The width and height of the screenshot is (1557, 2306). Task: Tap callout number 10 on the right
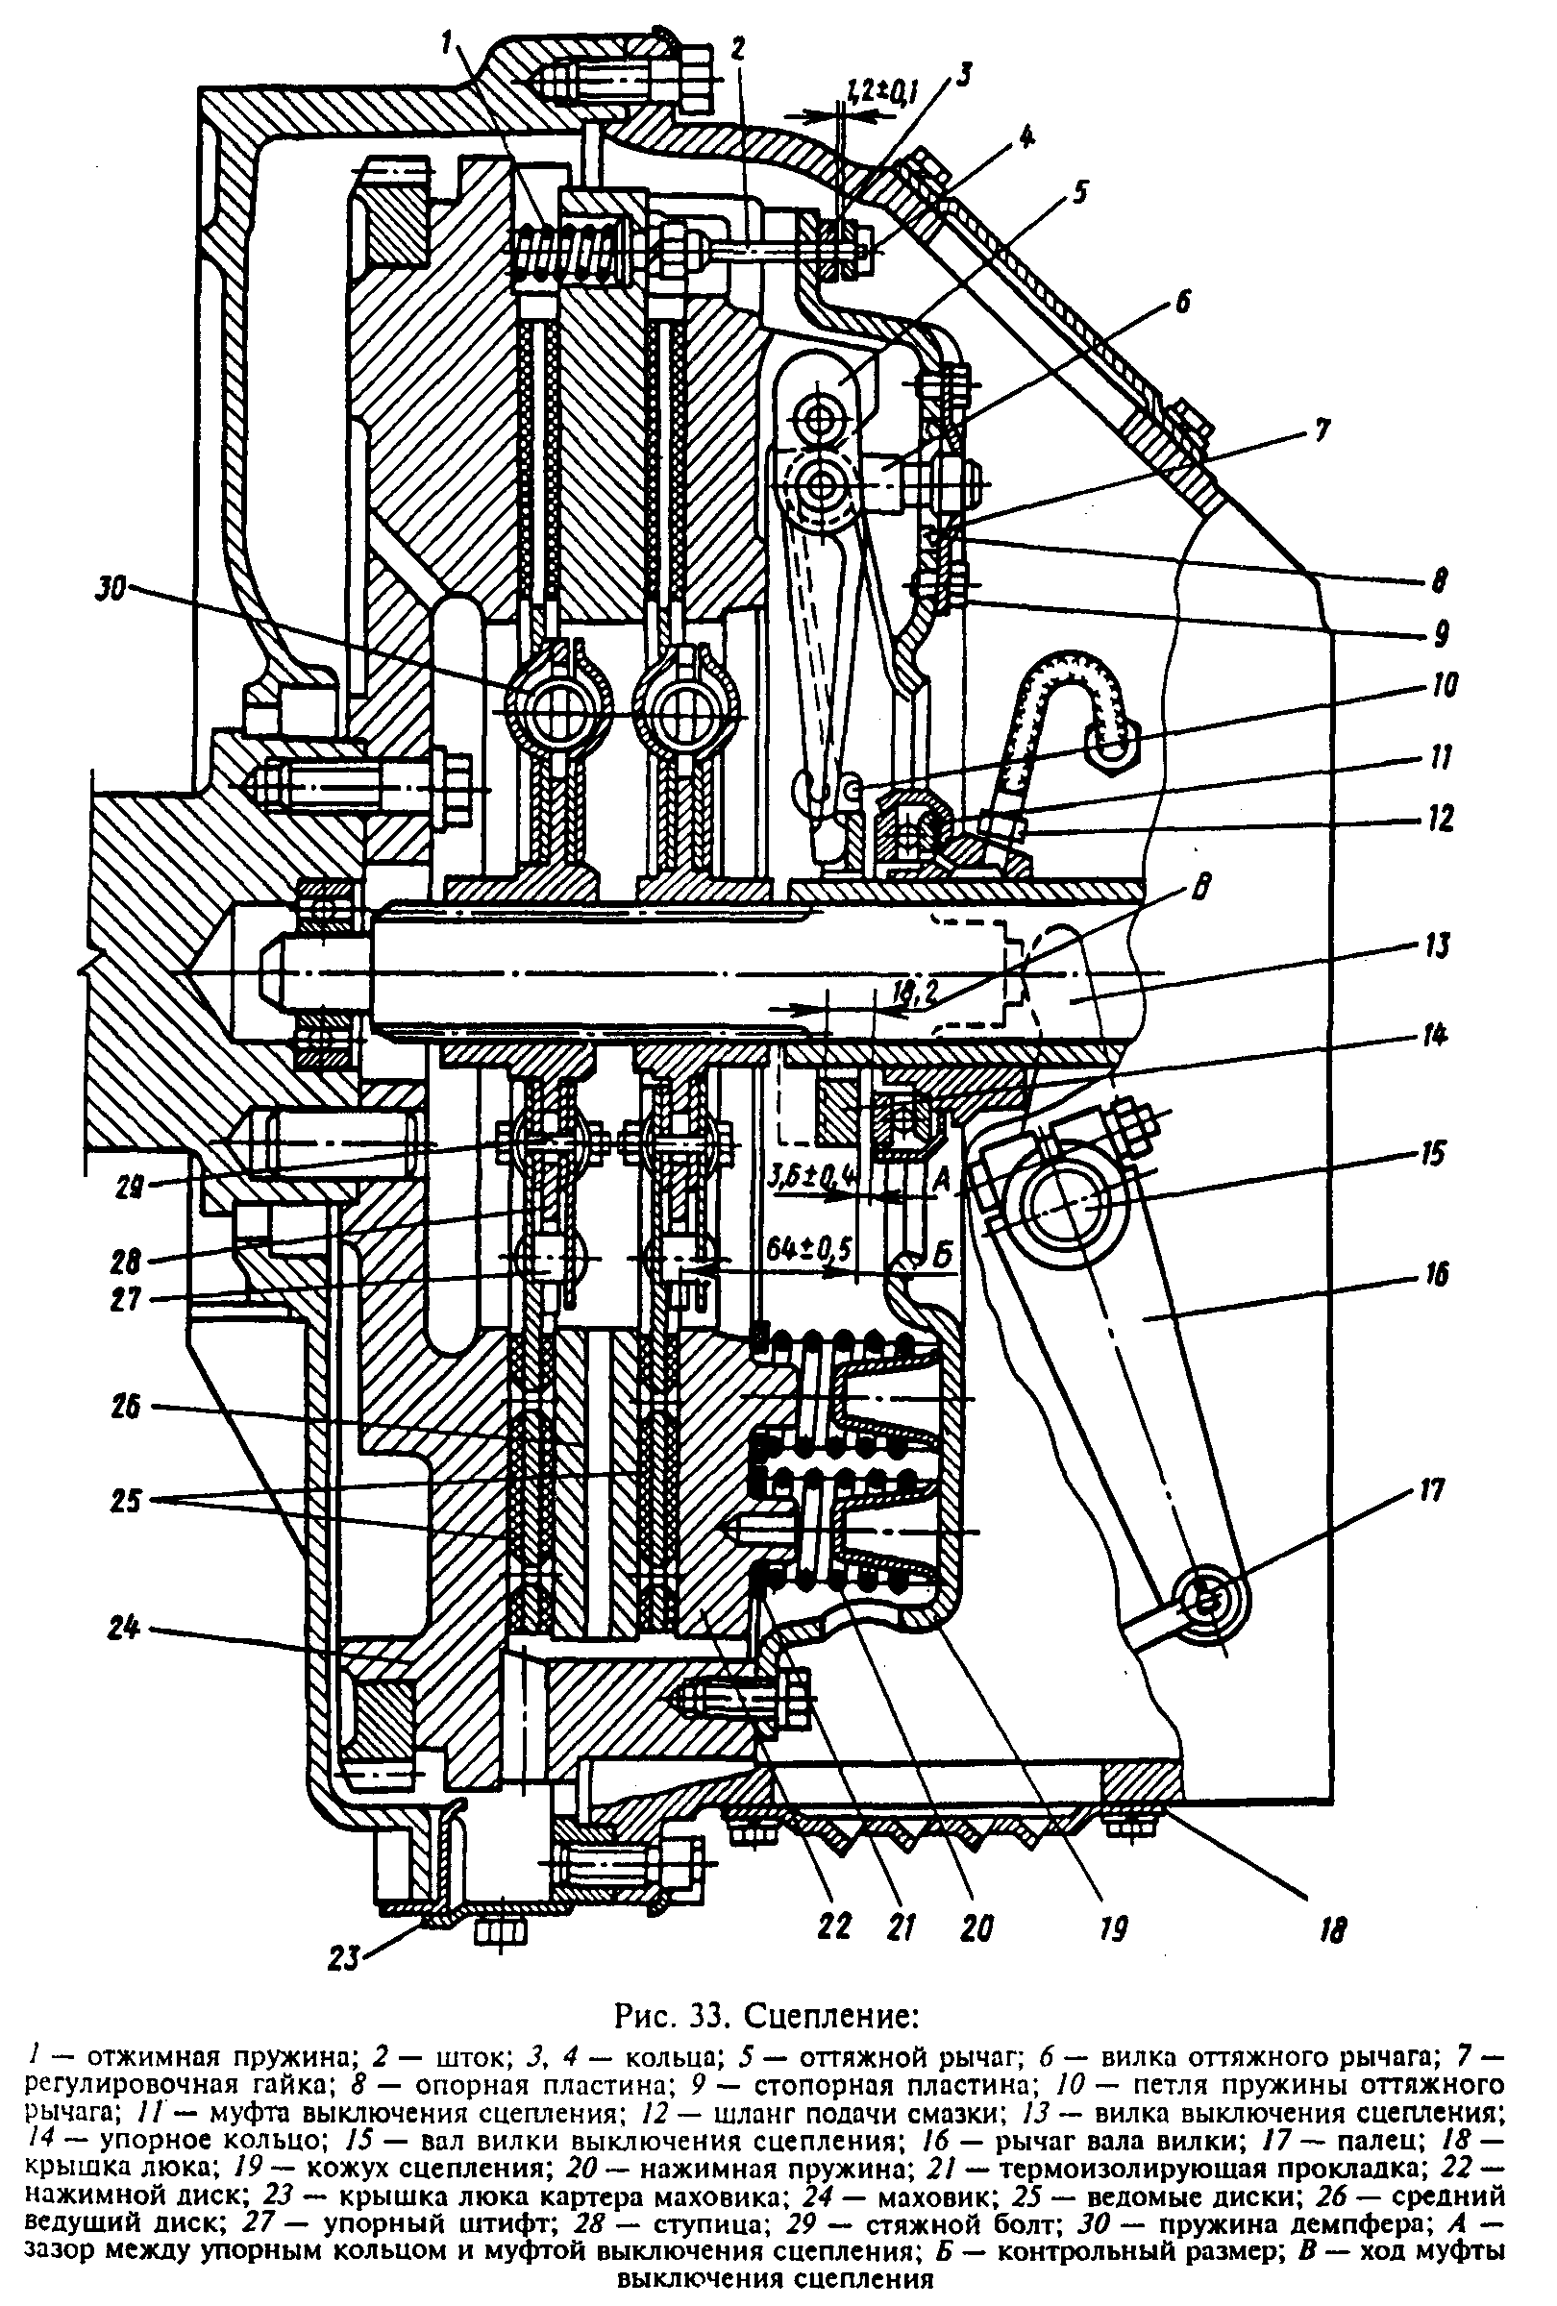coord(1444,686)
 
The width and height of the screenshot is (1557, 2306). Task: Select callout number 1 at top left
coord(449,42)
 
